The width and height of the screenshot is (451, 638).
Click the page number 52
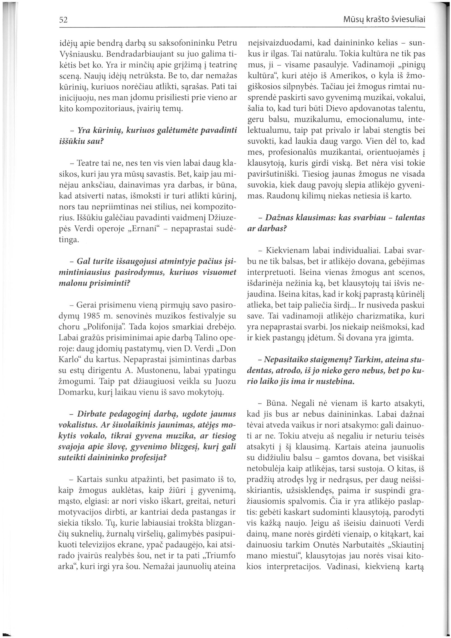click(64, 20)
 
